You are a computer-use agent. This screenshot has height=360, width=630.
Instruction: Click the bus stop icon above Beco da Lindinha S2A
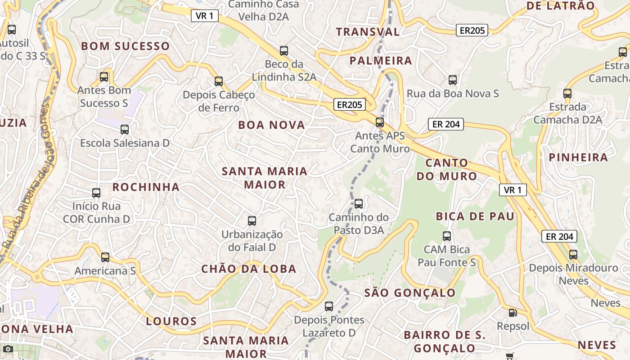coord(284,50)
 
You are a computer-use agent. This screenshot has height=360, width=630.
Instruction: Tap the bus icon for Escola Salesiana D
coord(125,130)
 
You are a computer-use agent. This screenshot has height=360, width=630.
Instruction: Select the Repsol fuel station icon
coord(513,312)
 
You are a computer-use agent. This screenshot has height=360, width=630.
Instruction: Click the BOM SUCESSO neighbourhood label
coord(125,46)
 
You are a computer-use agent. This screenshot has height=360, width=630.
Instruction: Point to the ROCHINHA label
coord(146,187)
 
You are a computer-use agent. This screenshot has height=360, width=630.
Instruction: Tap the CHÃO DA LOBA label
coord(249,269)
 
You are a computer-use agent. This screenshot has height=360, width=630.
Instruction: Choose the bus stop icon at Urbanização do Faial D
coord(252,221)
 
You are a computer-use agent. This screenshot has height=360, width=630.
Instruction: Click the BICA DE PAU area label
coord(475,216)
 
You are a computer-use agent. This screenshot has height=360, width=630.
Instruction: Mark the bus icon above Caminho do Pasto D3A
coord(359,204)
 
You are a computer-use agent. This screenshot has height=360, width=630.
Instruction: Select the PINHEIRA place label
coord(578,157)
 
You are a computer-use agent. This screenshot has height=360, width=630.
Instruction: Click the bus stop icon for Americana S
coord(105,257)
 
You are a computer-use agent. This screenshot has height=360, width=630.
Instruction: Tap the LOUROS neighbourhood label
coord(171,321)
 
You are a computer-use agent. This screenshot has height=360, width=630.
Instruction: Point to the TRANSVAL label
coord(368,32)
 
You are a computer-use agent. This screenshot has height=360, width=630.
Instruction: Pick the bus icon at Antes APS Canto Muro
coord(380,122)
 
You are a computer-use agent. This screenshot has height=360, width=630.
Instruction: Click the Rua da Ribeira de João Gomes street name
coord(28,180)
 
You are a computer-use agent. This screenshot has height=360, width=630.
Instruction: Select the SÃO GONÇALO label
coord(410,293)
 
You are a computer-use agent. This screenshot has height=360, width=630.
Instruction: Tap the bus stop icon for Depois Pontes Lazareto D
coord(329,306)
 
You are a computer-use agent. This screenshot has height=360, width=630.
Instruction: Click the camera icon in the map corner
coord(8,349)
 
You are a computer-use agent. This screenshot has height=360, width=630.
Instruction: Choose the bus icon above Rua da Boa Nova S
coord(453,80)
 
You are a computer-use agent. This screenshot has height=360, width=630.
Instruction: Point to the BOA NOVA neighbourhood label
coord(271,125)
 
